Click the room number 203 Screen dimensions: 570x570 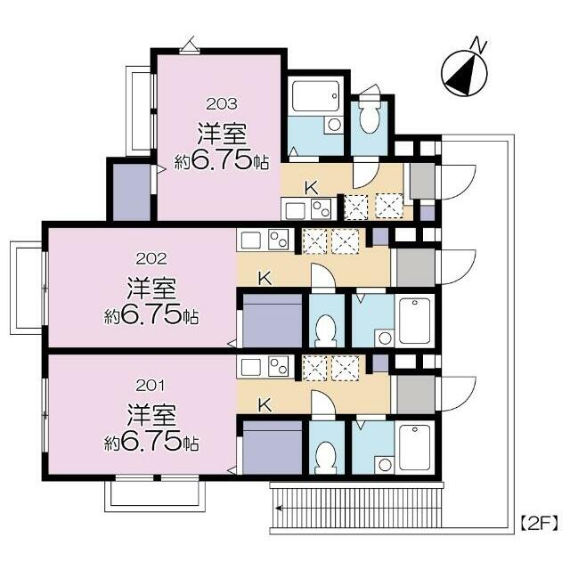point(222,104)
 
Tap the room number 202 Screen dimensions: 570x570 point(151,259)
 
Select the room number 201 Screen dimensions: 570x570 point(151,386)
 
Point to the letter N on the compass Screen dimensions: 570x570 point(478,45)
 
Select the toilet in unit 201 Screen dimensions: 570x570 point(326,457)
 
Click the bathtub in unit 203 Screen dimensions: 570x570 point(315,96)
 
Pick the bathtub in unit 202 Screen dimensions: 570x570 point(414,321)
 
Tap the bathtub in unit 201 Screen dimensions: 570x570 point(414,448)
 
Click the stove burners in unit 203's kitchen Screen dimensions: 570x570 point(322,209)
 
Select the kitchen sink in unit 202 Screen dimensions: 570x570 point(251,240)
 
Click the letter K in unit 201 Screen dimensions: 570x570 point(265,405)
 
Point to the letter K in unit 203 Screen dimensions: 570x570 point(312,188)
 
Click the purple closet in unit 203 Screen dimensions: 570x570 point(132,192)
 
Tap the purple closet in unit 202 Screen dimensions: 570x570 point(272,321)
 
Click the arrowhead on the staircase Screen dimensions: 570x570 point(279,508)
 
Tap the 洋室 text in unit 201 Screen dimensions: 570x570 point(151,415)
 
